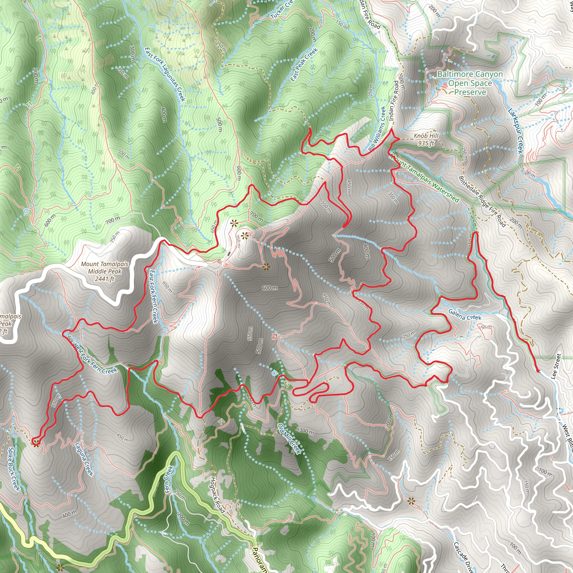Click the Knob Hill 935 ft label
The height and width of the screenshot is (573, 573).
pyautogui.click(x=426, y=139)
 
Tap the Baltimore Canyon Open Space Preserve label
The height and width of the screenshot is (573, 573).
pyautogui.click(x=470, y=83)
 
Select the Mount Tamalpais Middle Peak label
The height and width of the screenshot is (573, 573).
pyautogui.click(x=105, y=271)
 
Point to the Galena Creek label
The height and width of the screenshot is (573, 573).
pyautogui.click(x=465, y=315)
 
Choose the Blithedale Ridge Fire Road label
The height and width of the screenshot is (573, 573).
pyautogui.click(x=482, y=202)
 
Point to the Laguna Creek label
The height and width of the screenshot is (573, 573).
pyautogui.click(x=84, y=459)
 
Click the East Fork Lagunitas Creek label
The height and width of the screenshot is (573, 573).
pyautogui.click(x=165, y=74)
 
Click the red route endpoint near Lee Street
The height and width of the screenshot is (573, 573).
pyautogui.click(x=538, y=371)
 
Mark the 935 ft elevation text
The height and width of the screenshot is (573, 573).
pyautogui.click(x=426, y=143)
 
